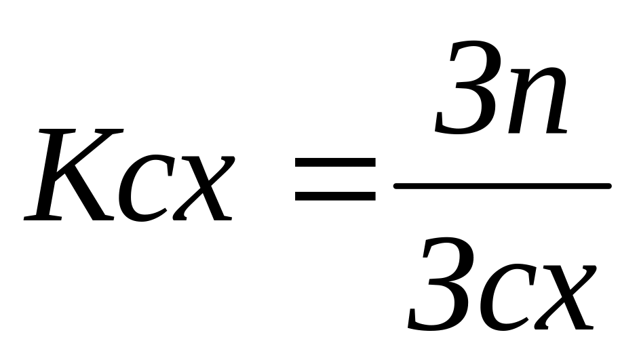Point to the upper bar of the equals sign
pyautogui.click(x=334, y=163)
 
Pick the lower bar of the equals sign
pyautogui.click(x=334, y=196)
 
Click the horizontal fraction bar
pyautogui.click(x=502, y=185)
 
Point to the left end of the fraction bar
pyautogui.click(x=398, y=185)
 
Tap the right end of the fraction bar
pyautogui.click(x=607, y=185)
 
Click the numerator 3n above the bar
pyautogui.click(x=501, y=92)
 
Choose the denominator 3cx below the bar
pyautogui.click(x=502, y=288)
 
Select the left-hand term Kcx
pyautogui.click(x=129, y=178)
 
